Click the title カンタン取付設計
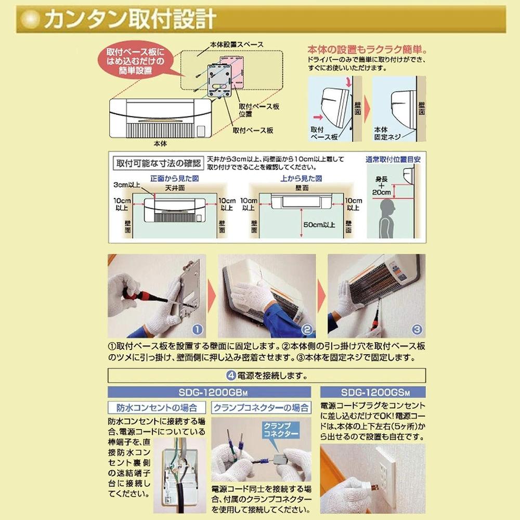130,19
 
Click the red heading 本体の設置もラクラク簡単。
367,50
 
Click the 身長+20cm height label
383,186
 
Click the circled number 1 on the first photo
197,329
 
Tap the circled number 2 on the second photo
306,329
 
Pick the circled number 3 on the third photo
417,329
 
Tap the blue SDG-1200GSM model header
372,392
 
